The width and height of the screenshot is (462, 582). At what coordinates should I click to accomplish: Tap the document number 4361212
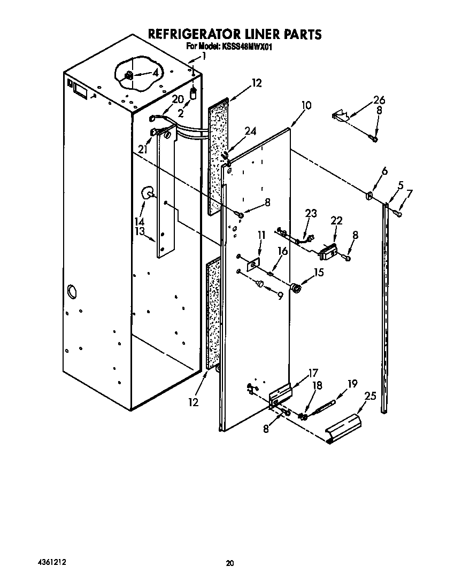pos(52,563)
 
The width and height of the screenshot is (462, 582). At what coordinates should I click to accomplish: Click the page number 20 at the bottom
pos(230,563)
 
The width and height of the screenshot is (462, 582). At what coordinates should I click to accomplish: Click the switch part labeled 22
pos(328,251)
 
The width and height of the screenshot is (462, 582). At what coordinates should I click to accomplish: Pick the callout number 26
pos(379,100)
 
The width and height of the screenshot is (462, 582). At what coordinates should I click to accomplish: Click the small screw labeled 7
pos(398,213)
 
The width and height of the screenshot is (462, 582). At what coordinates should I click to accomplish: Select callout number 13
pos(140,231)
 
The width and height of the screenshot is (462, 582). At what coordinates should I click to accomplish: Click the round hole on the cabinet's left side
pos(71,292)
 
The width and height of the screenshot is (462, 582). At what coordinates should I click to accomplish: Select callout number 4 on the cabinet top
pos(156,73)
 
